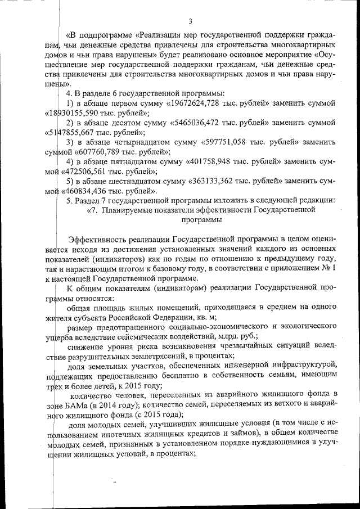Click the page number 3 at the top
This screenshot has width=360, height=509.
pyautogui.click(x=190, y=22)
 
